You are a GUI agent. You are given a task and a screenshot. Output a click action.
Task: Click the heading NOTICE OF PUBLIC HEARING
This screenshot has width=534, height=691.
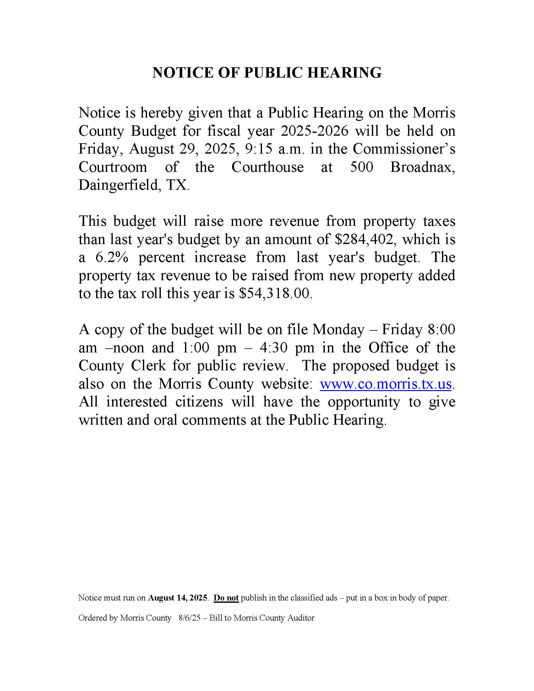click(267, 73)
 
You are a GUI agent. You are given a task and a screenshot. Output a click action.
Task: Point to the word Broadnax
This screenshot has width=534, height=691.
click(422, 167)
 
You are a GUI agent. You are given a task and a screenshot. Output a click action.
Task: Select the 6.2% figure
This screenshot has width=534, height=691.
click(112, 257)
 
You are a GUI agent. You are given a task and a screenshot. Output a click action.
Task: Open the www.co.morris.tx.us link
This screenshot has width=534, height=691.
click(386, 384)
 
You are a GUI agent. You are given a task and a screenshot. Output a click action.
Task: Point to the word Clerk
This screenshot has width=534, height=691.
click(148, 366)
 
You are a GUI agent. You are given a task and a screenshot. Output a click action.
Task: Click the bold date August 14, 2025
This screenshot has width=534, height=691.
click(178, 598)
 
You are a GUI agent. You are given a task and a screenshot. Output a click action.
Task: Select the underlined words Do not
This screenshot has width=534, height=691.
click(226, 598)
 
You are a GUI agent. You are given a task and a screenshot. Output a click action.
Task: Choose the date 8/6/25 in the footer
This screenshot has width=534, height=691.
click(189, 618)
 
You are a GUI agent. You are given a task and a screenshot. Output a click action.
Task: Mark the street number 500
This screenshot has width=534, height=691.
click(362, 167)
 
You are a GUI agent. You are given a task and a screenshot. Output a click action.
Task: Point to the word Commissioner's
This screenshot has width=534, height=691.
click(404, 149)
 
